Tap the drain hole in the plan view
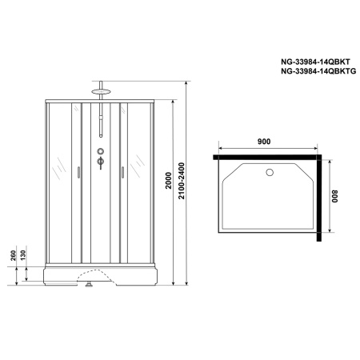coord(270,171)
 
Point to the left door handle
coord(78,170)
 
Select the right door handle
coord(123,170)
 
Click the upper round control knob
coord(101,152)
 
